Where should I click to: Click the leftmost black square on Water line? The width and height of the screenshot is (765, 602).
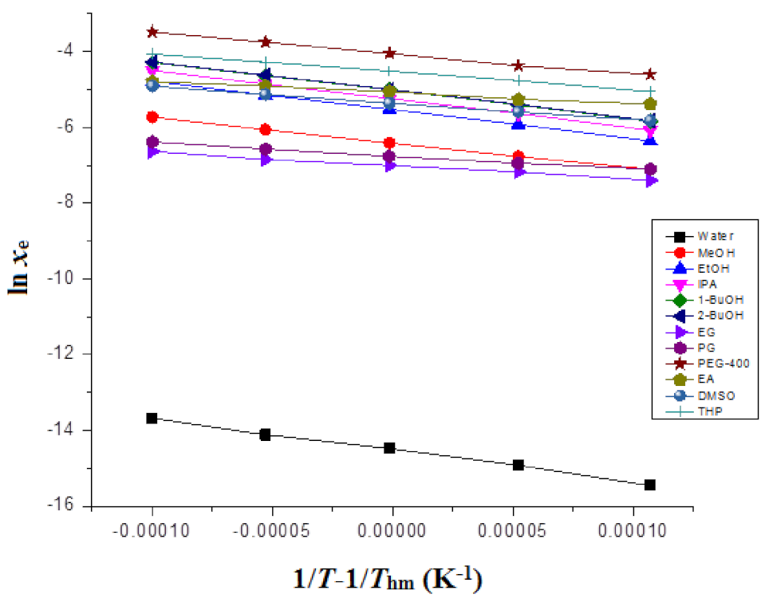coord(152,418)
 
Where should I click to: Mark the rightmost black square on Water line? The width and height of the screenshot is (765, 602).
coord(650,485)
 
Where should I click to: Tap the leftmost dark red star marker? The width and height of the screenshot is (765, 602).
coord(152,32)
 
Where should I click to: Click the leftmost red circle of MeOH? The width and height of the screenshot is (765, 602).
coord(152,117)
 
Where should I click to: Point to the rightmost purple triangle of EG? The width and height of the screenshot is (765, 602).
coord(650,181)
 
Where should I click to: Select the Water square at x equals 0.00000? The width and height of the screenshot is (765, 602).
coord(389,448)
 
